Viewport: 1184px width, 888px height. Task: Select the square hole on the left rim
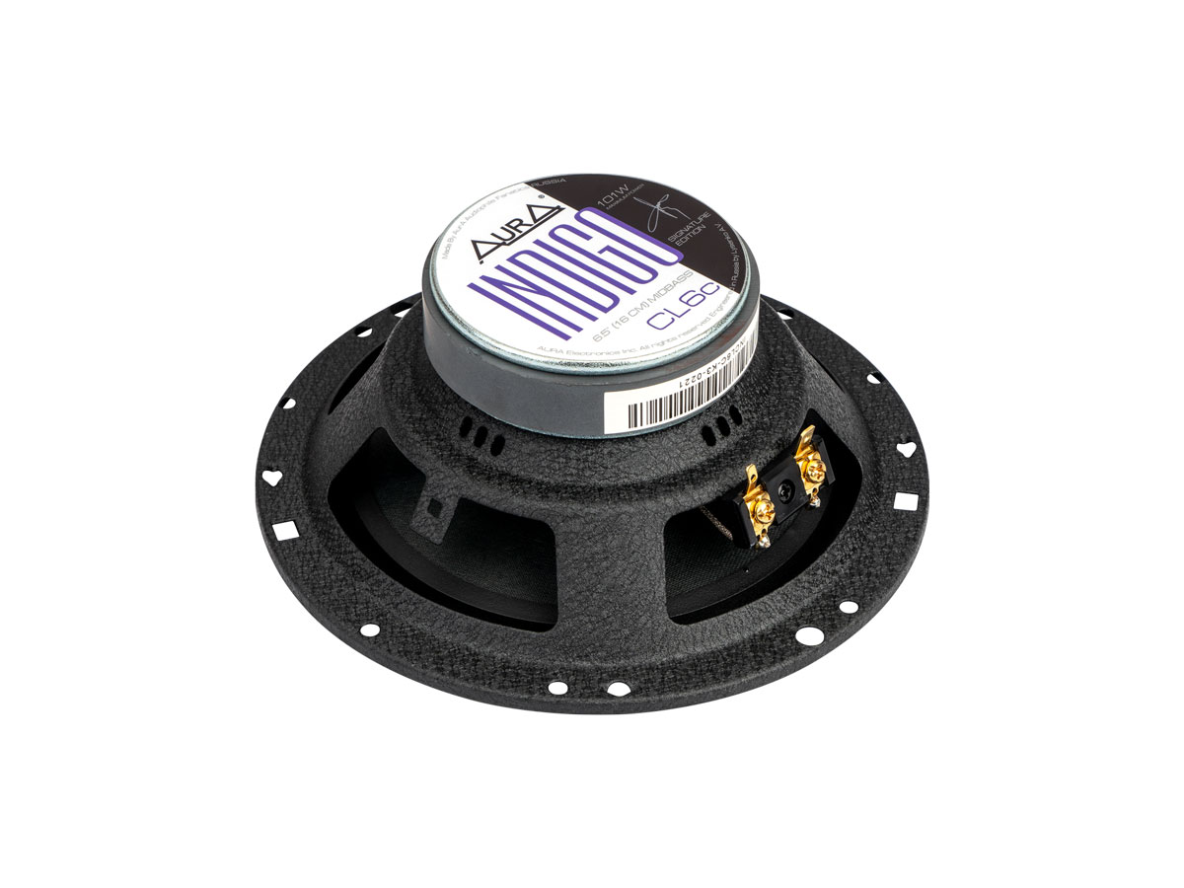click(x=287, y=531)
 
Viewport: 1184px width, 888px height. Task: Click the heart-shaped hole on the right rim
click(x=908, y=448)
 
